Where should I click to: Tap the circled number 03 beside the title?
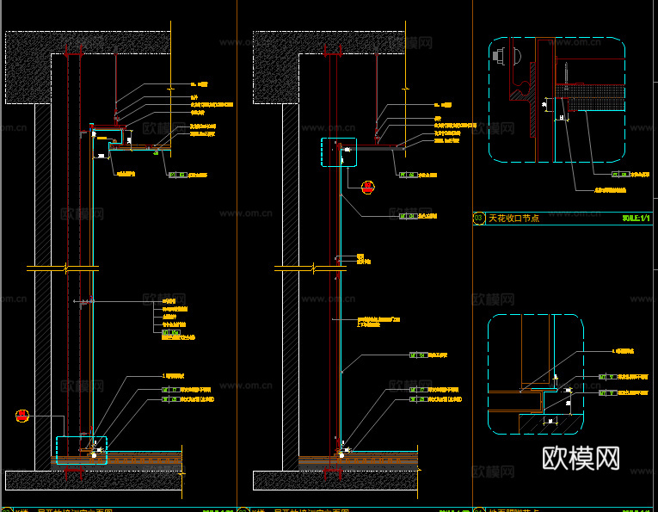[479, 219]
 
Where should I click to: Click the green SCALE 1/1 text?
[636, 219]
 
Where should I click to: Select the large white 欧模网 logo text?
[581, 458]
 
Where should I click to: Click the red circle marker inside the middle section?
[367, 185]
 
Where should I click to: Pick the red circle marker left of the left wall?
[22, 416]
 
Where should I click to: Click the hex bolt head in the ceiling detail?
[500, 57]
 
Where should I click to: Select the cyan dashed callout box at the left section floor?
[82, 451]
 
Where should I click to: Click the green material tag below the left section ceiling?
[175, 175]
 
